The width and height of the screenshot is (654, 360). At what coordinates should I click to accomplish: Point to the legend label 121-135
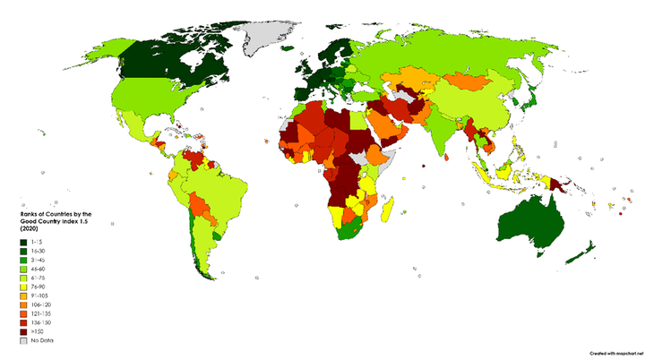click(x=43, y=313)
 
